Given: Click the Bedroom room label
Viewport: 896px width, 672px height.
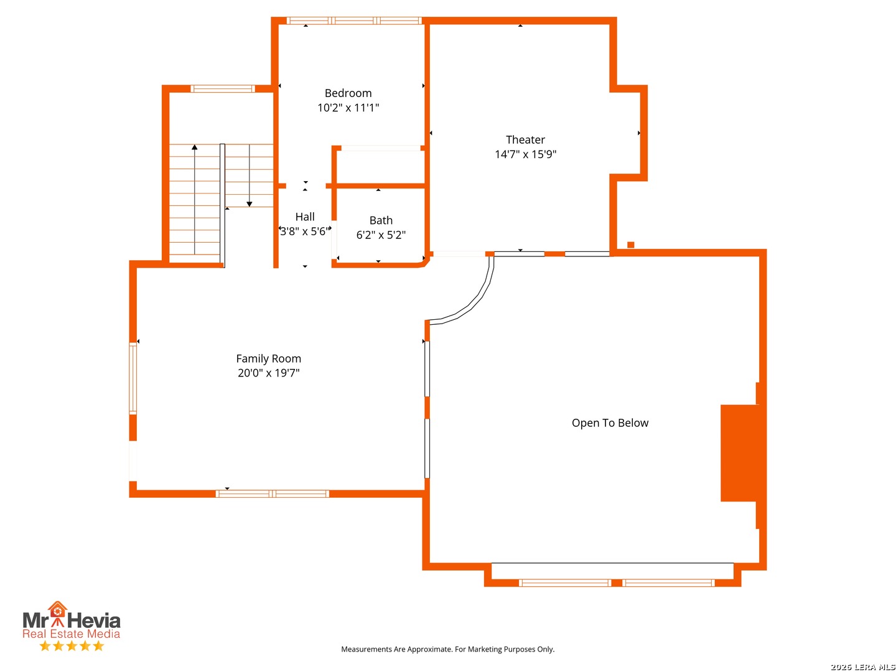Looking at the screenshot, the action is (x=348, y=93).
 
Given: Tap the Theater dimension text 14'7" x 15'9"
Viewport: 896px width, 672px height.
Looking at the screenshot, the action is (x=525, y=154).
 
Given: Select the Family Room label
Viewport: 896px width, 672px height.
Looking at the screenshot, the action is (x=268, y=358).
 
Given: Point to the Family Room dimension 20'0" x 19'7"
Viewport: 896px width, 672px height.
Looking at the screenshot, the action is (x=268, y=373).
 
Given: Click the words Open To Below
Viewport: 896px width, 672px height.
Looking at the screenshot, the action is (x=610, y=423).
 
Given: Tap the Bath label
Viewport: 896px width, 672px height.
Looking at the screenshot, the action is (x=381, y=220).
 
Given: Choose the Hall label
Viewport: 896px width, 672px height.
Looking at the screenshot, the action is (x=304, y=217).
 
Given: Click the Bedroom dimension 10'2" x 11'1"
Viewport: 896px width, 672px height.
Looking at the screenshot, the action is (x=348, y=108).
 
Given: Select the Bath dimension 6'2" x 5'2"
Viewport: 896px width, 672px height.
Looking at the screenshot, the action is (x=381, y=235).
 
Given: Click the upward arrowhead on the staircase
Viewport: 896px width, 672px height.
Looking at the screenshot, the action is (x=194, y=147).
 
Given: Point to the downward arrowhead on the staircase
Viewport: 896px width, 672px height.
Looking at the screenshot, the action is (x=249, y=204).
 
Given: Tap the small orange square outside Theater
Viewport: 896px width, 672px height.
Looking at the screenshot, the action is (x=630, y=245).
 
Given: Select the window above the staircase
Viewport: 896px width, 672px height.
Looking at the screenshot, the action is (x=223, y=88).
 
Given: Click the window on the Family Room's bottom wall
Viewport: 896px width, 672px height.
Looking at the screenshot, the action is (x=272, y=493).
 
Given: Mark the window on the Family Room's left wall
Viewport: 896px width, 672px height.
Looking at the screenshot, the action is (x=133, y=378).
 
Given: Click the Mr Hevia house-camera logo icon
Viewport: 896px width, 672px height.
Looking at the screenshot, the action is (x=57, y=614).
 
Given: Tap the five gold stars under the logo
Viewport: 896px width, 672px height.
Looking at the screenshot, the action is (x=72, y=646).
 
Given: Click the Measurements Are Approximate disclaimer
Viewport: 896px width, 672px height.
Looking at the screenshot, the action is (x=447, y=649).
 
